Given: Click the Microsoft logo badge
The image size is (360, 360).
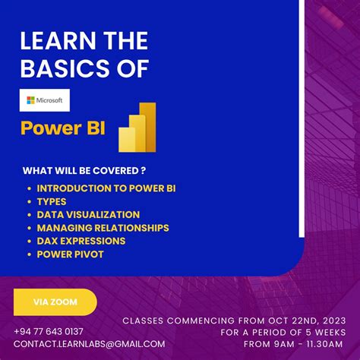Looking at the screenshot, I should coord(45,100).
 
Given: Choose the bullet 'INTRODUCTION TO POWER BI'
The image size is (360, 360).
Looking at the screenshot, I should coord(100,188).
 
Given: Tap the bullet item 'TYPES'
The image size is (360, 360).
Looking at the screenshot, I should coord(52,201).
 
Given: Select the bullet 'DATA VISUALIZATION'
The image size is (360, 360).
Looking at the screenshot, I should coord(88,214).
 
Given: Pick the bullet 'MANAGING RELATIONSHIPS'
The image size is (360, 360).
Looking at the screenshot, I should coord(103,227).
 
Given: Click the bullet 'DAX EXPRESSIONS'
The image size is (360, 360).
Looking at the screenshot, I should coord(81,241).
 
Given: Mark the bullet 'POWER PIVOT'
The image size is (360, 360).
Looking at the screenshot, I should coord(69,254).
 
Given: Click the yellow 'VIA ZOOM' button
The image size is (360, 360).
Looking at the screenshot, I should coord(55,302).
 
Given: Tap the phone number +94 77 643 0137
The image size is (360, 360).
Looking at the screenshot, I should coord(49,331).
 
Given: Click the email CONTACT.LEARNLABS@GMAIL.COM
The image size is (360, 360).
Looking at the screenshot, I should coord(89,343).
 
